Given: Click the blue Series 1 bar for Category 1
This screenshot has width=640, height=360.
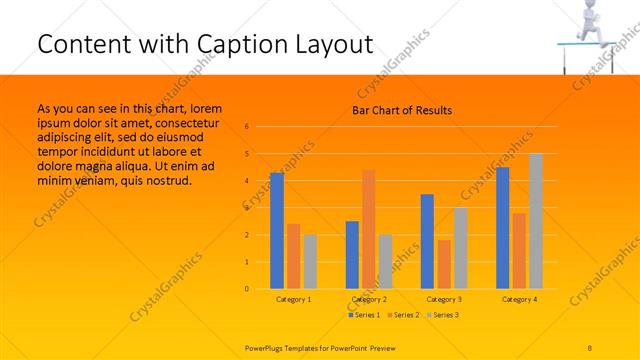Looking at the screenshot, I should pyautogui.click(x=277, y=231).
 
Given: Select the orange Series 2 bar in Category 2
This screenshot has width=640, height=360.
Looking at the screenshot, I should pyautogui.click(x=368, y=229).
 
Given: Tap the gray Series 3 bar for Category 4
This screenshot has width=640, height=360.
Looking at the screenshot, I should pyautogui.click(x=536, y=221).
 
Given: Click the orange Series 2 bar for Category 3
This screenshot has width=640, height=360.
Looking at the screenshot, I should pyautogui.click(x=444, y=264).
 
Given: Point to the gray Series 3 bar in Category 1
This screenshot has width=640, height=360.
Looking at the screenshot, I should pyautogui.click(x=310, y=262).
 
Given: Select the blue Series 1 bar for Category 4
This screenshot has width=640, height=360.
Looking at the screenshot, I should pyautogui.click(x=503, y=228).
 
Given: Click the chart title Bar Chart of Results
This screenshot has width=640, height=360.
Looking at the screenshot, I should pyautogui.click(x=402, y=110).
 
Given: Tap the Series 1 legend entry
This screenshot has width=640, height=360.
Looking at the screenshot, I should pyautogui.click(x=363, y=315).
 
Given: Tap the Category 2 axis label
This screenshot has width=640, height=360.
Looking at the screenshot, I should pyautogui.click(x=369, y=299).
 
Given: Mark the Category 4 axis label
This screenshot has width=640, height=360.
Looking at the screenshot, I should pyautogui.click(x=519, y=299).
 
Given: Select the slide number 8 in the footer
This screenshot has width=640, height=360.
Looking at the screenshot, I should pyautogui.click(x=590, y=346).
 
